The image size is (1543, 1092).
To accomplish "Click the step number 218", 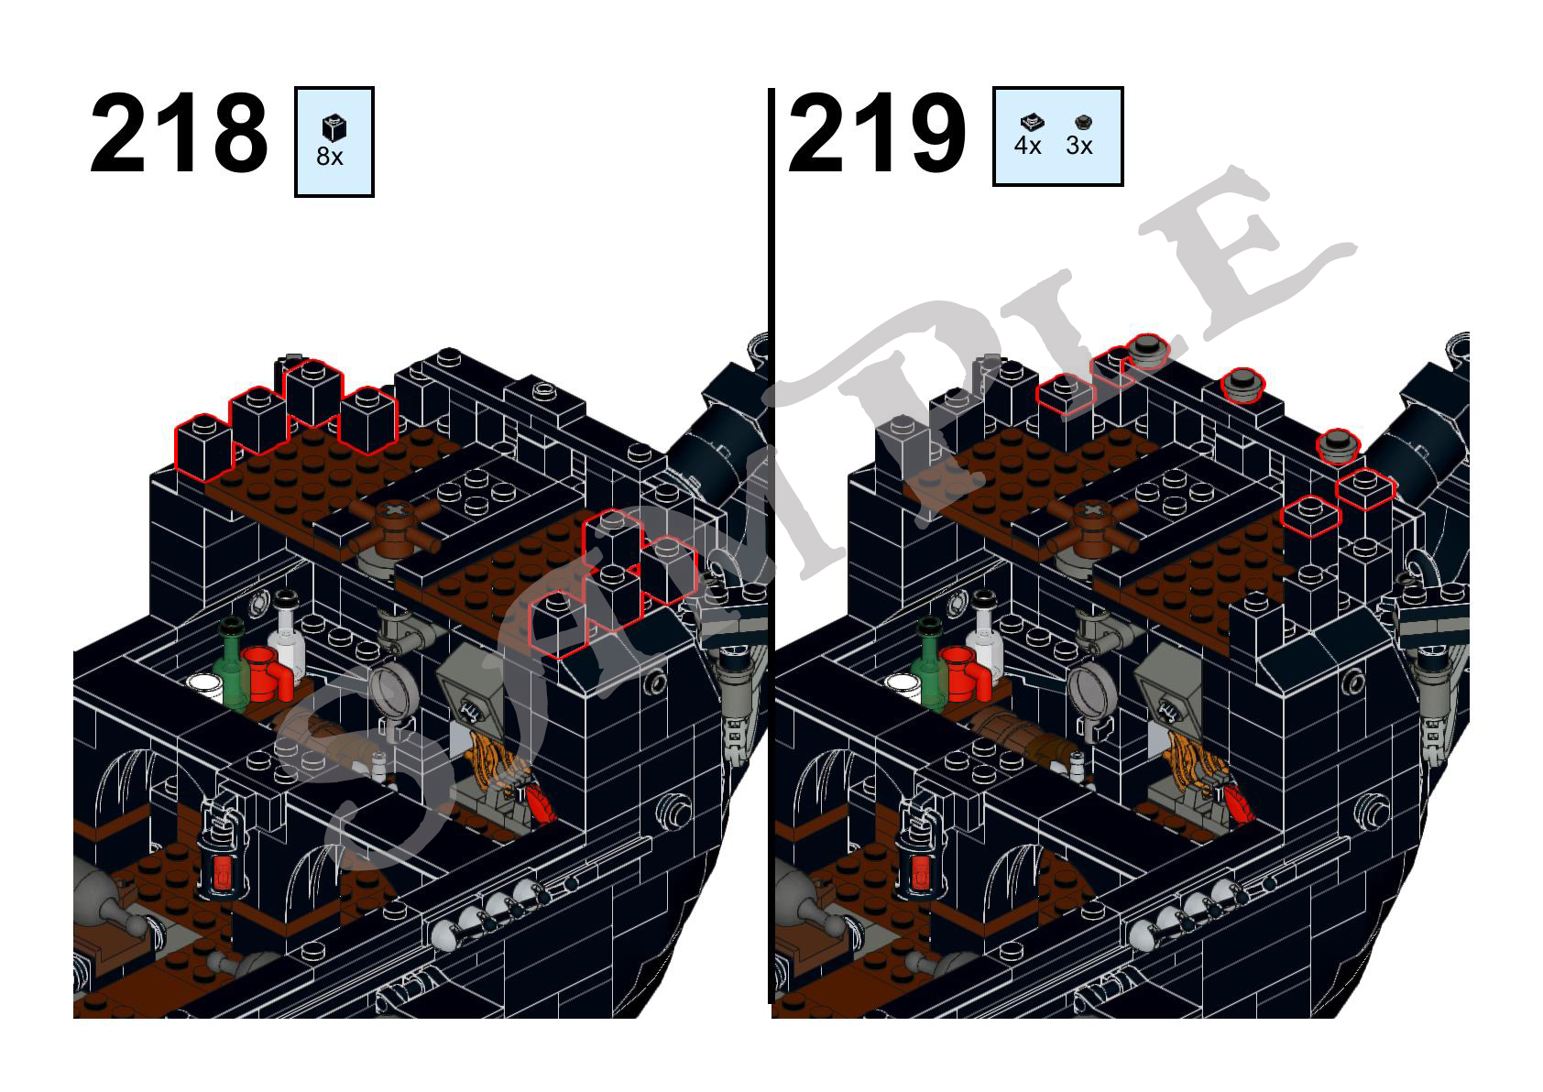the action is click(179, 133).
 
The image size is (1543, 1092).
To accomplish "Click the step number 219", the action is click(877, 133).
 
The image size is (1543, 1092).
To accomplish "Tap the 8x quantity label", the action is click(329, 157).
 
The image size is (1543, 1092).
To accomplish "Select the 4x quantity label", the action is click(1027, 146).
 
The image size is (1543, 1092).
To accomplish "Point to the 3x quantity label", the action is click(1078, 146).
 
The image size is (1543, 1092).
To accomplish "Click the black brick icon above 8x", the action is click(334, 128).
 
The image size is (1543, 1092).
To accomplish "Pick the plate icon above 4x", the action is click(1031, 123).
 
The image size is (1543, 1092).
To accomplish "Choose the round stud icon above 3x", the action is click(1083, 123).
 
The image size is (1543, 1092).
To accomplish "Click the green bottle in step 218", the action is click(231, 664).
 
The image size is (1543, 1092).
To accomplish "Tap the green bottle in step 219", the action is click(929, 664).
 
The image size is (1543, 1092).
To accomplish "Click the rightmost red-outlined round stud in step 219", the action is click(1338, 445).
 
